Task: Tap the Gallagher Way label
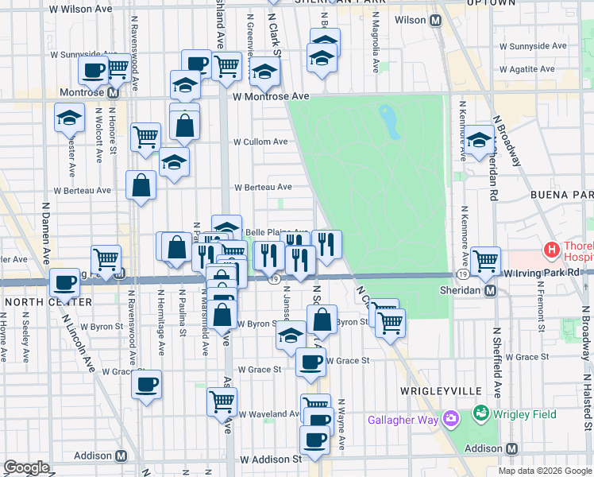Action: pos(402,419)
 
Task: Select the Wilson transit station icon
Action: pos(435,21)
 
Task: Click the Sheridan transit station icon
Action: pos(491,290)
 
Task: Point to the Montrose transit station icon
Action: pos(113,92)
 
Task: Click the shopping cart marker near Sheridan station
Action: pos(484,259)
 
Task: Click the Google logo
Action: pos(26,467)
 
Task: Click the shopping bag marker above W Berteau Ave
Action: pos(184,124)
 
